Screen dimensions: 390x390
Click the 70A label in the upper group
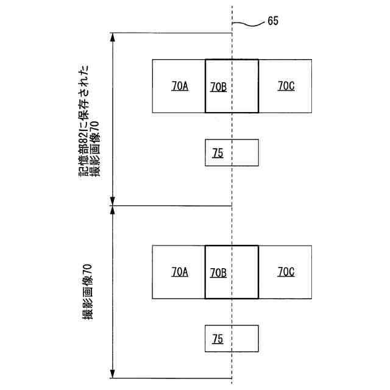coord(180,87)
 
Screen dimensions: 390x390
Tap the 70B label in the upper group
coord(218,87)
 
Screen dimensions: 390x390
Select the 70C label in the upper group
coord(286,87)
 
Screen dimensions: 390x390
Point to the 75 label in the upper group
coord(218,154)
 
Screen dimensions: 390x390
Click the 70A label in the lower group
coord(180,272)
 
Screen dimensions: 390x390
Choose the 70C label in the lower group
coord(286,272)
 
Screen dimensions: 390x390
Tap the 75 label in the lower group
coord(218,339)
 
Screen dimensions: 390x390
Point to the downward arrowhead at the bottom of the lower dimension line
coord(112,374)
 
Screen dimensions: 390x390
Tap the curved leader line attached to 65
coord(249,24)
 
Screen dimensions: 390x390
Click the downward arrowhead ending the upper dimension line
coord(112,201)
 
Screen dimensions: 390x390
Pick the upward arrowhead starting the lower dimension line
coord(112,210)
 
